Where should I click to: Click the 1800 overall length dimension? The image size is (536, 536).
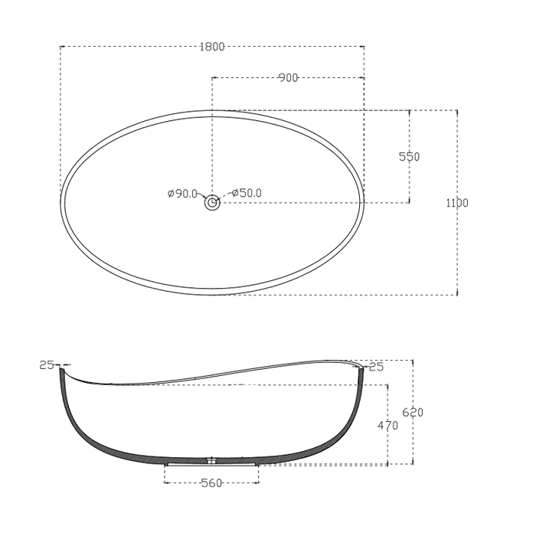211,47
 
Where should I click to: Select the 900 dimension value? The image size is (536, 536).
288,78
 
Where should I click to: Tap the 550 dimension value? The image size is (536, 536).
410,157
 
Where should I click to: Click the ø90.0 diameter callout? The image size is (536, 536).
183,194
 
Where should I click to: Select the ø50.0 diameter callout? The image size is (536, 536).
246,194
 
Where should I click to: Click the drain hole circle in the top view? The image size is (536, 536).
212,203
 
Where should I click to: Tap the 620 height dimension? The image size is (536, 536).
413,412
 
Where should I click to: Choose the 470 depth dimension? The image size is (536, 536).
388,426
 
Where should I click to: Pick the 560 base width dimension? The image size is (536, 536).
211,483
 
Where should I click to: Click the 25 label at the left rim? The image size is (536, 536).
47,365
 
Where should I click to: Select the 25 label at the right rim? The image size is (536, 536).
376,367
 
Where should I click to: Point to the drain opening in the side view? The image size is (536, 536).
212,461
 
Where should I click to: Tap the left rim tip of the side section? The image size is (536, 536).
61,368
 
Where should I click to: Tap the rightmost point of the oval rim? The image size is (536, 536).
363,203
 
